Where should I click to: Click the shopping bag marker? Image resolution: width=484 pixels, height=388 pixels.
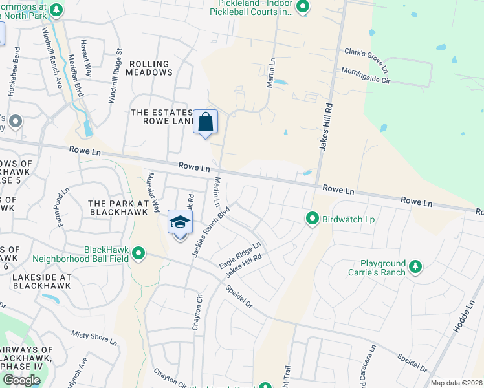click(x=205, y=122)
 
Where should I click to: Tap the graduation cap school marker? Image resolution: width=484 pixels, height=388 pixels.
click(x=181, y=222)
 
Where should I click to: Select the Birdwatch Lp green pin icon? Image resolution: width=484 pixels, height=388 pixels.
click(x=312, y=219)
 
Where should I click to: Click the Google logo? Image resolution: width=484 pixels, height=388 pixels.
click(x=21, y=380)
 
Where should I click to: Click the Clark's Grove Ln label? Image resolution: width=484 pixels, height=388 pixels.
click(x=366, y=59)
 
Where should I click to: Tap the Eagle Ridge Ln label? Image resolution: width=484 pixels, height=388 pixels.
click(x=239, y=255)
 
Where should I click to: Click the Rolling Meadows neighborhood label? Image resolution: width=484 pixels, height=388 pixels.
click(x=150, y=68)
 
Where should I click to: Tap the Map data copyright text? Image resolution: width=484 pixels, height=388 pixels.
click(x=456, y=383)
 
